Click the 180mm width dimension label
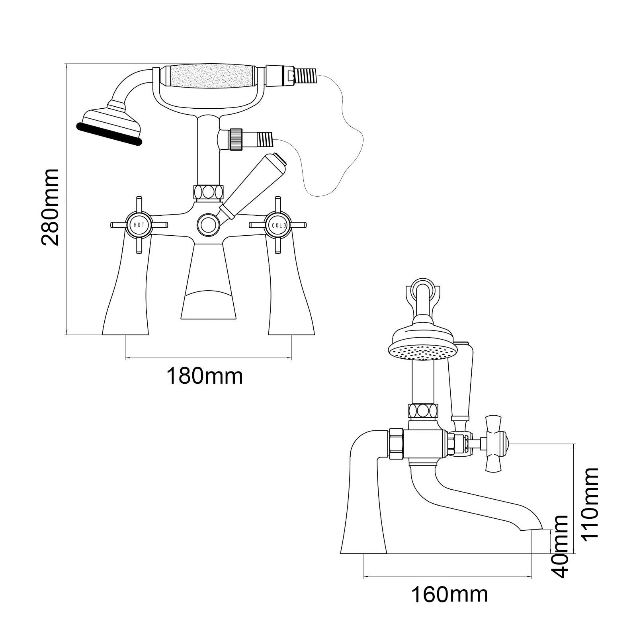click(x=204, y=376)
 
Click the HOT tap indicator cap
click(x=139, y=225)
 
